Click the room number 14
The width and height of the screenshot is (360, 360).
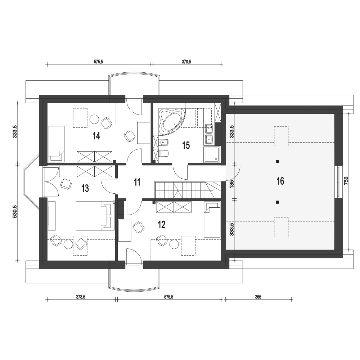[x=96, y=136]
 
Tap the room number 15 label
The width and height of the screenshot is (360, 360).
[x=186, y=145]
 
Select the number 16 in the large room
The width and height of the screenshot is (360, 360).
[x=280, y=181]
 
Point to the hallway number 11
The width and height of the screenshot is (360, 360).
[x=137, y=182]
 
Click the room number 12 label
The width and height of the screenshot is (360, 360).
[x=162, y=225]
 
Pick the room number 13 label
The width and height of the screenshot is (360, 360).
[x=85, y=189]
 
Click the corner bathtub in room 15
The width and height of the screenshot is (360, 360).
[x=172, y=121]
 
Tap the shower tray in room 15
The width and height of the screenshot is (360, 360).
[x=212, y=154]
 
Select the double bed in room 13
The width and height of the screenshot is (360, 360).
[x=95, y=216]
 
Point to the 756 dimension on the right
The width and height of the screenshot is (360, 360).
[x=346, y=180]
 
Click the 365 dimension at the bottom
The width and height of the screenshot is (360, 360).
[x=258, y=297]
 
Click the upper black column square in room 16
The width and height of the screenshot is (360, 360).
[x=277, y=161]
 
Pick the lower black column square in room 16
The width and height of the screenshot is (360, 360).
[x=277, y=202]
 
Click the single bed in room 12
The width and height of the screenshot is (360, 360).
[x=212, y=220]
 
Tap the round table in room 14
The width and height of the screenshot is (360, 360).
[x=94, y=119]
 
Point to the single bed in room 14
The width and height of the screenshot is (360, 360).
[x=56, y=143]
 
